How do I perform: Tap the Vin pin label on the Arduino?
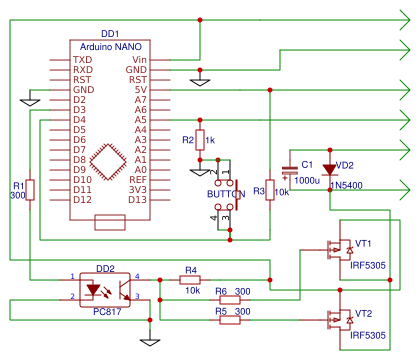tap(138, 59)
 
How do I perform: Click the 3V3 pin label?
tap(138, 189)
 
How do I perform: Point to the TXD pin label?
tap(82, 59)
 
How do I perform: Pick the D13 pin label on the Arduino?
tap(138, 199)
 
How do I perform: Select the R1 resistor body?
tap(30, 190)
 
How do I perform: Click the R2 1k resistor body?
tap(200, 140)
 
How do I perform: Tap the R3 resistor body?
tap(269, 190)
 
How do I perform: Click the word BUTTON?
tap(226, 192)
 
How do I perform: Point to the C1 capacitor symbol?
tap(290, 171)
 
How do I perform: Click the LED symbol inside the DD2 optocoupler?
tap(94, 289)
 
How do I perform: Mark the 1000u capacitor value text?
tap(309, 180)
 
